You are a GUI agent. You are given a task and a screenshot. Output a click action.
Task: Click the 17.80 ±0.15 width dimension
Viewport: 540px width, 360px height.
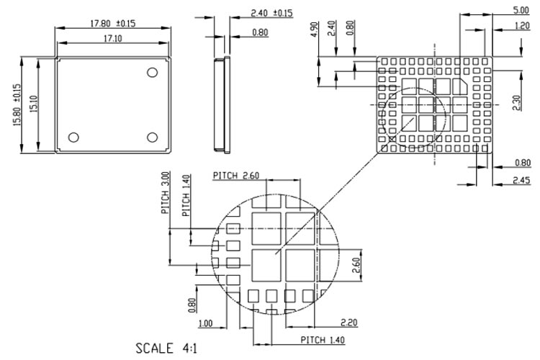tap(113, 23)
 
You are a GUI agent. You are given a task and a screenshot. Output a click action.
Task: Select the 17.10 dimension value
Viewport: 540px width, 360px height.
tap(112, 37)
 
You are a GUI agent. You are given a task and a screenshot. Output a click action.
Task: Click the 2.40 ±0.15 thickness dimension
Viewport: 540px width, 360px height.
tap(271, 13)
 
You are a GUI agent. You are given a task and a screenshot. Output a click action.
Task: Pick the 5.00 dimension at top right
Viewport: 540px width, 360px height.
tap(519, 10)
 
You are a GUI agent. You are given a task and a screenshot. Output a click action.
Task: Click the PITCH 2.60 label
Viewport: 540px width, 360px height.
tap(235, 176)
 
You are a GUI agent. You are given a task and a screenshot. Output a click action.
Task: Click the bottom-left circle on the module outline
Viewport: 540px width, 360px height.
tap(73, 137)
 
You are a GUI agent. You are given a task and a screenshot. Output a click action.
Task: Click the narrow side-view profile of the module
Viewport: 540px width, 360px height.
tap(220, 105)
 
